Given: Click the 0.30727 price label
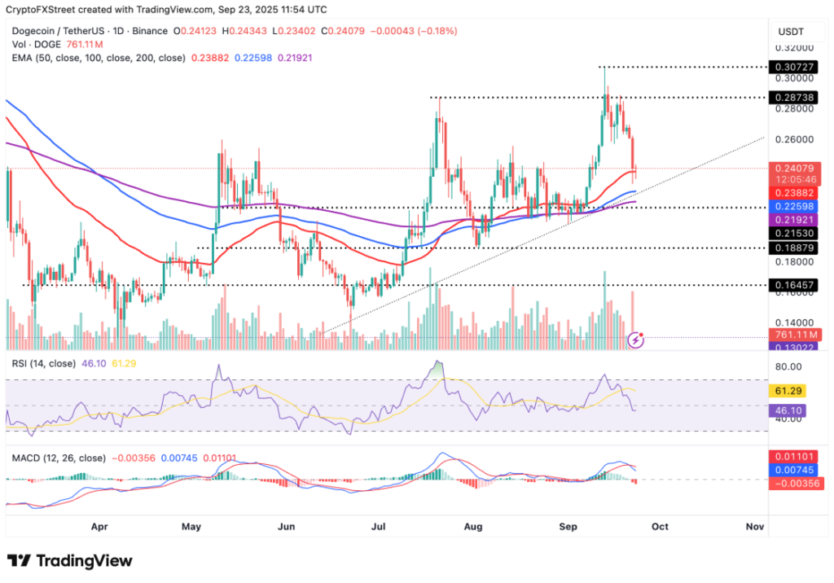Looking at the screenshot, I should click(794, 67).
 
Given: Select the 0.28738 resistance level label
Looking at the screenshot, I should click(794, 97).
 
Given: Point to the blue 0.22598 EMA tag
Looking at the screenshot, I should click(794, 207).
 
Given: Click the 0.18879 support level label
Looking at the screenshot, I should click(794, 248).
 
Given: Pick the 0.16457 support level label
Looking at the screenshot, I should click(794, 285).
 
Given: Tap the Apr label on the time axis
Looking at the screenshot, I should click(99, 526).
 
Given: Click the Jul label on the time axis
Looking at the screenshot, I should click(380, 526).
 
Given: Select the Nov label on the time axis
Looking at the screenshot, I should click(754, 526).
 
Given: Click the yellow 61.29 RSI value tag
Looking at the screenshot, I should click(792, 391).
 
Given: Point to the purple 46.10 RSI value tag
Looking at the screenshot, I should click(792, 410).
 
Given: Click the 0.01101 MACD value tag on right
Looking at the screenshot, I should click(794, 458).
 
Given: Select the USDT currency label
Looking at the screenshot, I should click(792, 31).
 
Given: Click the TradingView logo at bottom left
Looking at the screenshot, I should click(69, 561).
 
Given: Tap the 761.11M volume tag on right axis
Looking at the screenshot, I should click(794, 334).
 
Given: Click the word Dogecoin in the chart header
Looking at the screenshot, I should click(35, 31).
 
